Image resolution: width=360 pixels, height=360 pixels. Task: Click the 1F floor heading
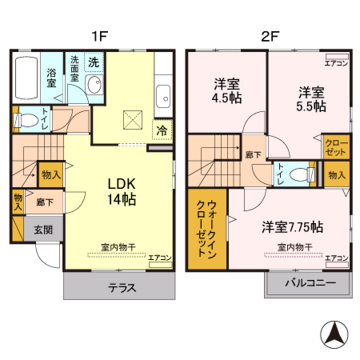tap(98, 36)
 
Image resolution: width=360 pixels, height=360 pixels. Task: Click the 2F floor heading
tap(270, 36)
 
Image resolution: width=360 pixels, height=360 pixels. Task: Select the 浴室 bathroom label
tap(50, 77)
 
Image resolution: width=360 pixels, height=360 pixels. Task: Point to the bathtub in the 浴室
tap(26, 77)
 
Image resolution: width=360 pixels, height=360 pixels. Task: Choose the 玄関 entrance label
tap(42, 230)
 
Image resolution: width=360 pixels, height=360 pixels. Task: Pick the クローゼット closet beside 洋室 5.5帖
tap(336, 146)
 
